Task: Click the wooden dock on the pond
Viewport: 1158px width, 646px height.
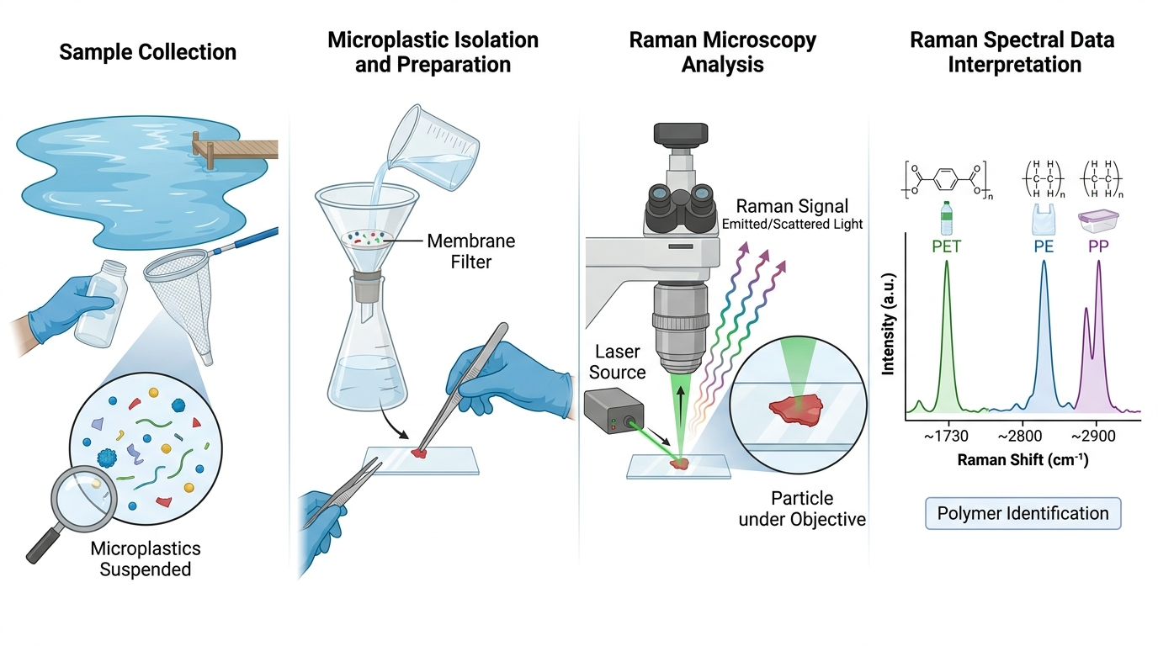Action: [x=236, y=149]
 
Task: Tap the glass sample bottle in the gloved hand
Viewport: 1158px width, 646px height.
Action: [x=101, y=304]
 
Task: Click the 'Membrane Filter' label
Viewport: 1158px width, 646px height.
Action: [x=471, y=252]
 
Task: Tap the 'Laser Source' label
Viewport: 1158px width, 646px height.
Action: [x=617, y=362]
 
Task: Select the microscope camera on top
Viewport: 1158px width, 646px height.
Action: [x=680, y=134]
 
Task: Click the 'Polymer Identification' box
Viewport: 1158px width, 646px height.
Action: [x=1023, y=513]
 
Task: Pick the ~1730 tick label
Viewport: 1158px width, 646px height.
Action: [x=946, y=437]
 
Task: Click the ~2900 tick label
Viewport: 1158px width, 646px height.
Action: [x=1093, y=437]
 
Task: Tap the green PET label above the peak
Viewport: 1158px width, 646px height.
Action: [x=946, y=246]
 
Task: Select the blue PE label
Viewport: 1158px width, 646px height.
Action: [x=1044, y=246]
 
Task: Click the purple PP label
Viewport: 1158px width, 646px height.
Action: [x=1098, y=246]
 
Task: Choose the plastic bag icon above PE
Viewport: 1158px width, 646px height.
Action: [x=1044, y=220]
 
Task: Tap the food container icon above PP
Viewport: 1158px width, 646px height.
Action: [x=1098, y=221]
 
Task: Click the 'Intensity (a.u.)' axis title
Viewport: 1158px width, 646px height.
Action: [x=888, y=324]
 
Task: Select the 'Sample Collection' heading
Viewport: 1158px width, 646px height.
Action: [x=148, y=52]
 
